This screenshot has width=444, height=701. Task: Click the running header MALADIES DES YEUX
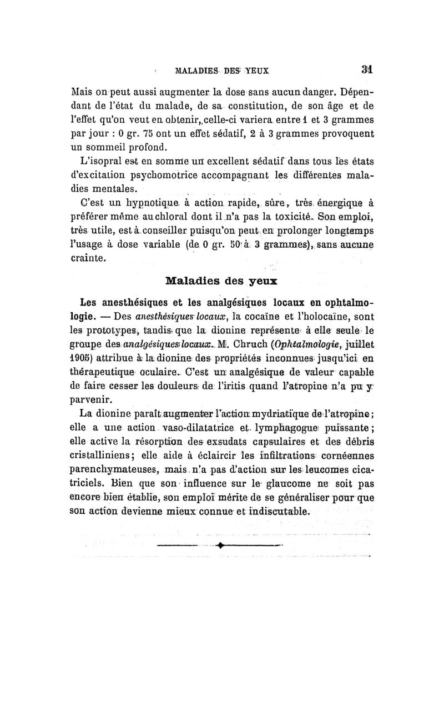click(x=221, y=71)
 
